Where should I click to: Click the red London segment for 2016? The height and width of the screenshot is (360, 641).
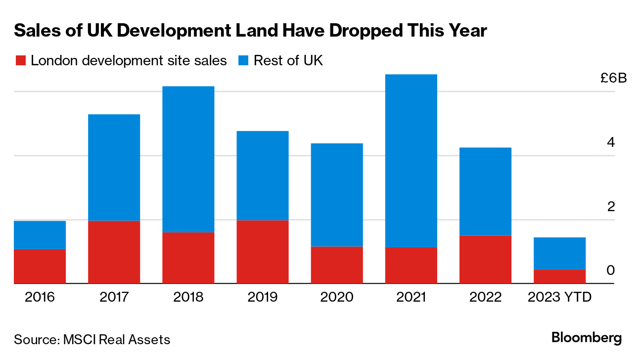click(x=40, y=266)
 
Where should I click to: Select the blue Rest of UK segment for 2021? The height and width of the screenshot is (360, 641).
click(x=411, y=160)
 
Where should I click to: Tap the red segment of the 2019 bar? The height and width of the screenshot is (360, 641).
click(x=263, y=252)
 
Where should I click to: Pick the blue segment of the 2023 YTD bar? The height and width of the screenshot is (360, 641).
click(x=559, y=253)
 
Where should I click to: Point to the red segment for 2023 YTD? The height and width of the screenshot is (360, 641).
click(x=559, y=276)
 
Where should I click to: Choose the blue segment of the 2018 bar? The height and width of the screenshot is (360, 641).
click(x=188, y=159)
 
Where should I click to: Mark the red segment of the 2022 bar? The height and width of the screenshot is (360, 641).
click(x=485, y=259)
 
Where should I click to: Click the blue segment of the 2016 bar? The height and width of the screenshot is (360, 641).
click(x=40, y=234)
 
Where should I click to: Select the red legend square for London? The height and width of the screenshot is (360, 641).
click(x=20, y=61)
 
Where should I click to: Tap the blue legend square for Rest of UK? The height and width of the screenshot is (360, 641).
click(x=244, y=61)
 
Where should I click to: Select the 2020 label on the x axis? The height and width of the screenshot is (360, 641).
click(x=337, y=297)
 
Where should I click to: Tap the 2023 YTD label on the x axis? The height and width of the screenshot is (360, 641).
click(x=559, y=297)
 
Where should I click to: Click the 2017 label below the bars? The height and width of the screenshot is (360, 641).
click(x=114, y=297)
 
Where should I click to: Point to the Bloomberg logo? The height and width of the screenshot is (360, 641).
click(x=586, y=338)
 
